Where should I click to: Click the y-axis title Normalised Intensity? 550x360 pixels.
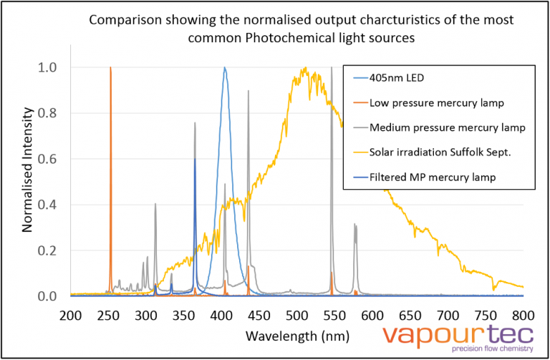[x=28, y=169]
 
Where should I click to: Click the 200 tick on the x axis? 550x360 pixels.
[x=70, y=315]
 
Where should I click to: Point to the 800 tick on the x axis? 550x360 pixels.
[x=524, y=315]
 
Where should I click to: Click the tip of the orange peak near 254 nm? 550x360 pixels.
[x=110, y=68]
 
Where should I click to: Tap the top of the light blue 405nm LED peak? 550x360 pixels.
[x=225, y=68]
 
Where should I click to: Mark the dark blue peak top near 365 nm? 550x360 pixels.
[x=195, y=159]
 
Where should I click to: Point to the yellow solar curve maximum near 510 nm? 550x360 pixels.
[x=305, y=69]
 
